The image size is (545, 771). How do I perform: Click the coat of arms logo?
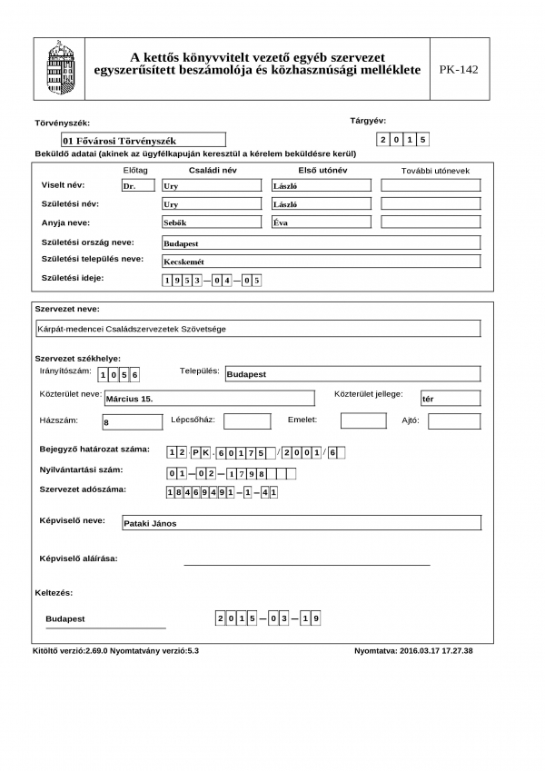coord(61,68)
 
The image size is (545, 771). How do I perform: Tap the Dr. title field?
coord(137,185)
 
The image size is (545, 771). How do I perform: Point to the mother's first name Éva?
coord(322,222)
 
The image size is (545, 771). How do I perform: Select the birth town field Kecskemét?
coord(320,262)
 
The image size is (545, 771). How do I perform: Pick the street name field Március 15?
coord(209,398)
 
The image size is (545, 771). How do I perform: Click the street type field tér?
coord(450,398)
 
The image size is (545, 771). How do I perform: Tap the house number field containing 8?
coord(131,421)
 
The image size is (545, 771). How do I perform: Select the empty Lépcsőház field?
coord(247,421)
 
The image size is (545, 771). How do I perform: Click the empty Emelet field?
coord(363,420)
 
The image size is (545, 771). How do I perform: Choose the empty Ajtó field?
coord(454,421)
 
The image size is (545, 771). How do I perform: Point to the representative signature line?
coord(306,564)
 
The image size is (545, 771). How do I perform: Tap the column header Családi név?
coord(212,170)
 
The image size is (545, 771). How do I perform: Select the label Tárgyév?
coord(368,121)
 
